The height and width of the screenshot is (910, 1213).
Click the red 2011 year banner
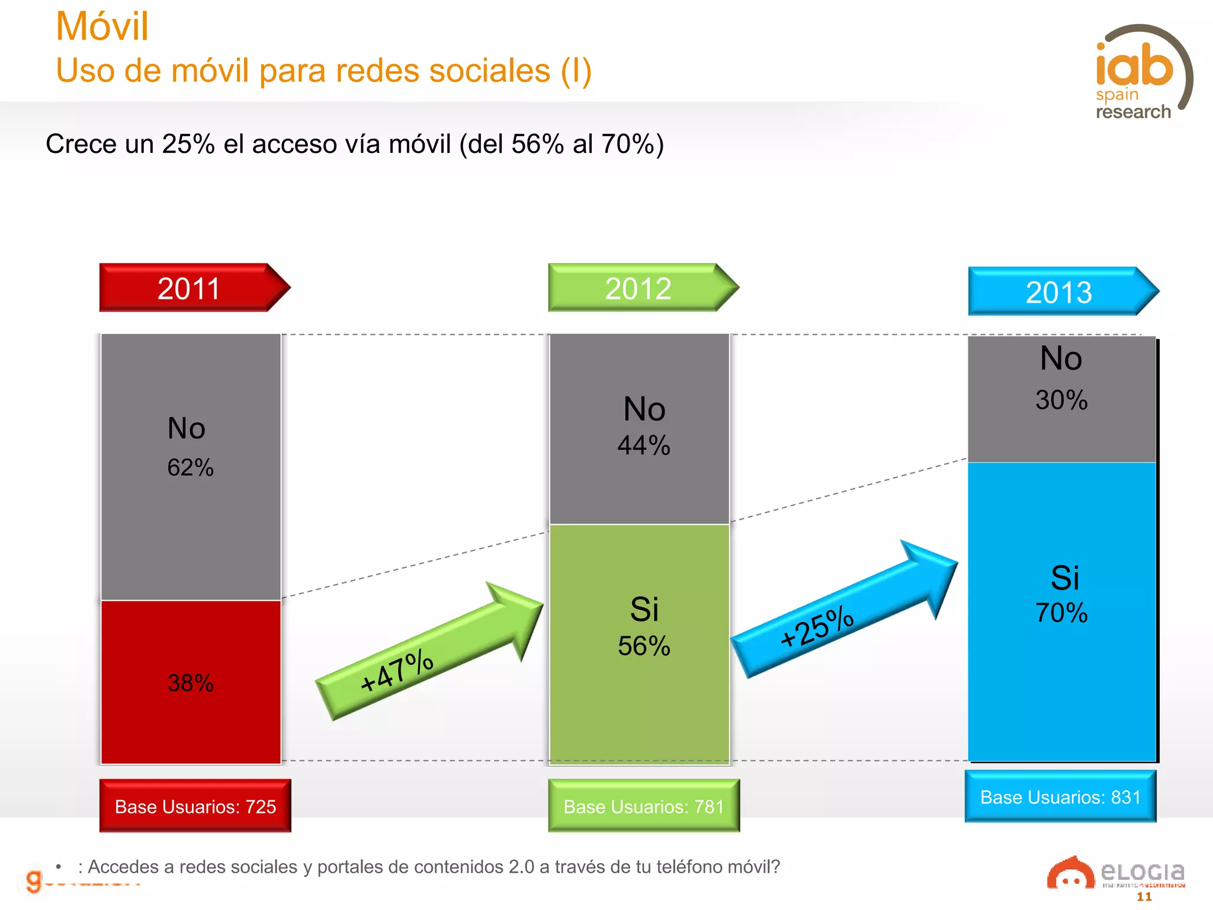tap(190, 289)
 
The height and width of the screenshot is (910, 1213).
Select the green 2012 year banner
tap(638, 289)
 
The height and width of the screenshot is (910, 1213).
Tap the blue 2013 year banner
tap(1059, 292)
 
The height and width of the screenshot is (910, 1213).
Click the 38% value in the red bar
tap(190, 683)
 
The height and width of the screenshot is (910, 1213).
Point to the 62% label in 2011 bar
tap(190, 467)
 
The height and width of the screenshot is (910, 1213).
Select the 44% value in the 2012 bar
tap(644, 446)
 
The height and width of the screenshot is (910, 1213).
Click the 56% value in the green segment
tap(644, 646)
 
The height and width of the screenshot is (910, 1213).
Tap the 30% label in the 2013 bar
tap(1061, 400)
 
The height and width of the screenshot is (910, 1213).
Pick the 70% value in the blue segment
tap(1061, 613)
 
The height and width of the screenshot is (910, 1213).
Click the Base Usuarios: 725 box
tap(195, 806)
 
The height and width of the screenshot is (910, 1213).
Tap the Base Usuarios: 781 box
tap(644, 806)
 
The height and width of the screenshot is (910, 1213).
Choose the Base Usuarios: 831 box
tap(1060, 797)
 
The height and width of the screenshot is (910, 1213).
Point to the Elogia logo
tap(1116, 874)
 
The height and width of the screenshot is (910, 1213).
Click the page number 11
tap(1144, 897)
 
